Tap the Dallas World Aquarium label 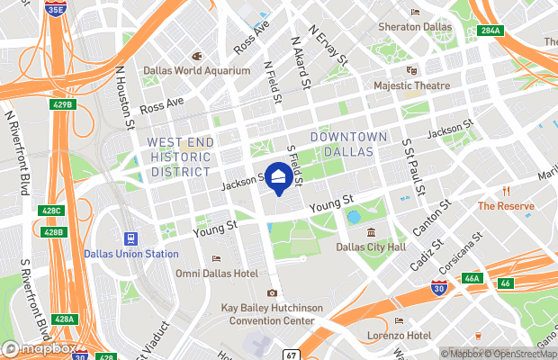click(196, 70)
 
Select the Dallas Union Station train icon click(131, 238)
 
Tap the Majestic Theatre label click(411, 85)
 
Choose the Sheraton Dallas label click(413, 27)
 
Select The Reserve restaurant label click(506, 205)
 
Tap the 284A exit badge click(490, 31)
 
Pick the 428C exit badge click(53, 211)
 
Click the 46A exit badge click(472, 279)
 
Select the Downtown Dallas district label click(348, 143)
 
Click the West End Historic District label click(180, 157)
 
